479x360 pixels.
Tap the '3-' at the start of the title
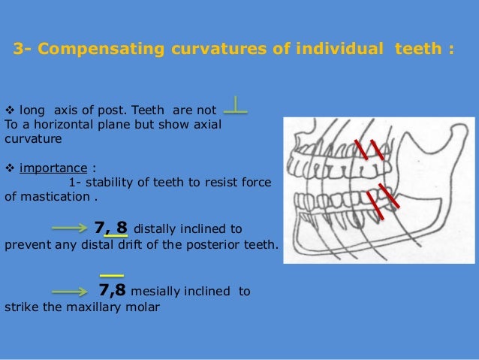click(23, 50)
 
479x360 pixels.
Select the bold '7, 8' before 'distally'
click(110, 226)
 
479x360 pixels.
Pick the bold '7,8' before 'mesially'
click(113, 291)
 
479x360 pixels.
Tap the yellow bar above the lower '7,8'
click(111, 275)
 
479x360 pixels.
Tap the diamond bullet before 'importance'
click(10, 168)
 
